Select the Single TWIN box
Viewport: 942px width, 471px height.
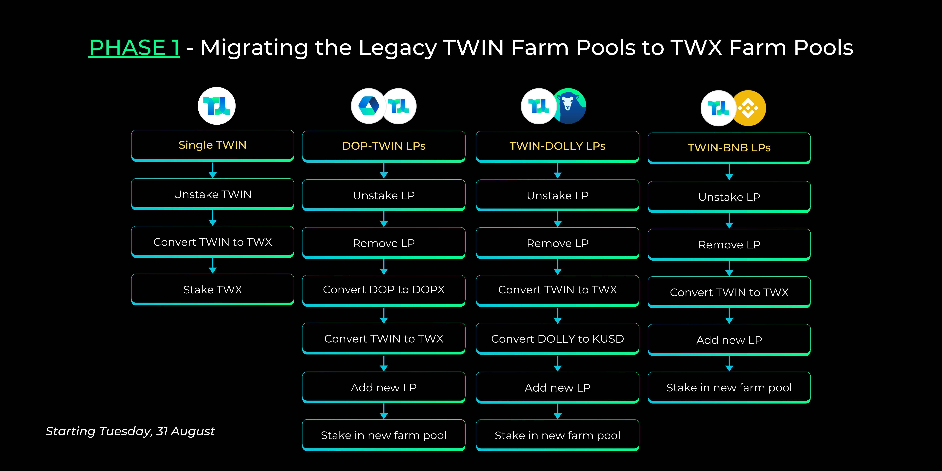point(212,146)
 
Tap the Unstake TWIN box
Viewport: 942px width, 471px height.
point(212,194)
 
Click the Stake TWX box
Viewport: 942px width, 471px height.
point(212,289)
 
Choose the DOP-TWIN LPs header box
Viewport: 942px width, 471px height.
point(384,146)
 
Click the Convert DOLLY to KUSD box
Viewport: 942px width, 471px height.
point(557,339)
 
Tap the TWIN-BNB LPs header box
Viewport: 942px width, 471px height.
point(729,148)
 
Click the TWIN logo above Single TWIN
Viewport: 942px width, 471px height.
point(216,106)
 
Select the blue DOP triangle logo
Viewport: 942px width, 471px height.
point(369,106)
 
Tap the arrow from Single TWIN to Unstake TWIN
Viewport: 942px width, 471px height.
point(212,170)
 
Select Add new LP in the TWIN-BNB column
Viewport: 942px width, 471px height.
point(729,340)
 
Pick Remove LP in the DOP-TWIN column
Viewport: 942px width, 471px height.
point(384,243)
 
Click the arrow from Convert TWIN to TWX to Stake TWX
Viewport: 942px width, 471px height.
point(212,265)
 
